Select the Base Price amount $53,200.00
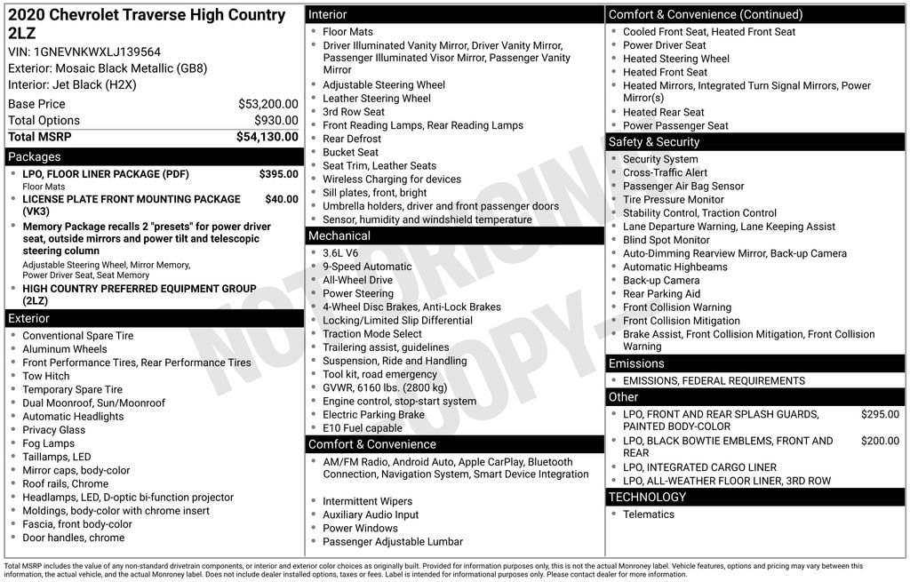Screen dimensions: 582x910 point(267,104)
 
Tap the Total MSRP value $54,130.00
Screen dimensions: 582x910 point(267,137)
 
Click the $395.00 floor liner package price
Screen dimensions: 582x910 point(278,174)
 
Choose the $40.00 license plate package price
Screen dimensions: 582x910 point(282,199)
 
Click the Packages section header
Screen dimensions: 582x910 point(35,157)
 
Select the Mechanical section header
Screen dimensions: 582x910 point(339,235)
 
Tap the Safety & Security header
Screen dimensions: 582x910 point(653,142)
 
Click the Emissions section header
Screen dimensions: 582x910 point(636,363)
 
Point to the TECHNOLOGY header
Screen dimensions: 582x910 point(647,497)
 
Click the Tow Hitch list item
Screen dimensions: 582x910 point(46,376)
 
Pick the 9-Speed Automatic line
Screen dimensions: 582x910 point(367,267)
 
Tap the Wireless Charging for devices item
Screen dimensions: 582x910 point(392,179)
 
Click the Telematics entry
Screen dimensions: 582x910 point(649,514)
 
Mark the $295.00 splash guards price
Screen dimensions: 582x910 point(880,414)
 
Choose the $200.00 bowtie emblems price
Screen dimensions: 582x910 point(880,441)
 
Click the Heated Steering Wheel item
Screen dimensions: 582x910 point(675,59)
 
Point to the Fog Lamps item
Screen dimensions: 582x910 point(49,443)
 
